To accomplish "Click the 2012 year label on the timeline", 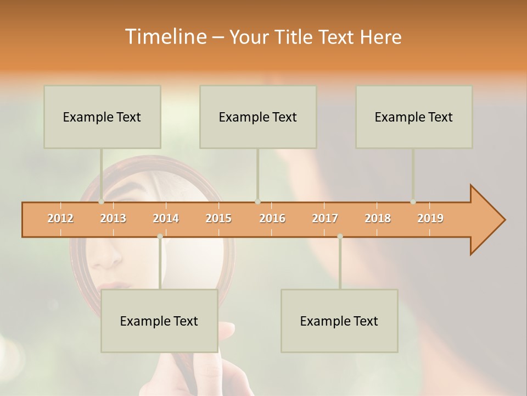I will coord(60,218).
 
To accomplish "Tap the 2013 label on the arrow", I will coord(113,218).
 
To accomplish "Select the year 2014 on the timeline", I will coord(166,218).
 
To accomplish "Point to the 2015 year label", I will coord(218,218).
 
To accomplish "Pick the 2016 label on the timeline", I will coord(272,218).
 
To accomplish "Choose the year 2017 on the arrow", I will coord(325,218).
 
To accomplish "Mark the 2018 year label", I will coord(378,218).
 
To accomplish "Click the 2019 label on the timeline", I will coord(430,218).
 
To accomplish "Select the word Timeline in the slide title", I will coord(164,37).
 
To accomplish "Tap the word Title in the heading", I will coord(295,37).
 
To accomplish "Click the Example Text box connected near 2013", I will coord(102,117).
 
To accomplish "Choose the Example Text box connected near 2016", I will coord(258,117).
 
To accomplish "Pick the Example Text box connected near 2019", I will coord(414,117).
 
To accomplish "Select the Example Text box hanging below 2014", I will coord(159,321).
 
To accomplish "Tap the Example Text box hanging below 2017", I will coord(339,321).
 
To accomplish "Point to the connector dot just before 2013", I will coord(101,202).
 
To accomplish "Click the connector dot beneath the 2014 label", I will coord(160,237).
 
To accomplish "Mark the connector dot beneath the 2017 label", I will coord(340,237).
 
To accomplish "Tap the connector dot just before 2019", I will coord(413,202).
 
